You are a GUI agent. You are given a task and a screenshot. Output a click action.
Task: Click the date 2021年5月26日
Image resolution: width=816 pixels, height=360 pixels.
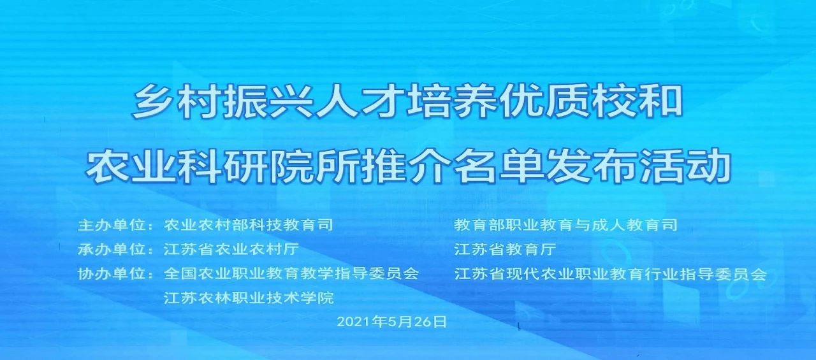point(391,322)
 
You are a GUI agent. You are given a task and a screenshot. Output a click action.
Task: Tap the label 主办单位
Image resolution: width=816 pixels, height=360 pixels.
point(111,225)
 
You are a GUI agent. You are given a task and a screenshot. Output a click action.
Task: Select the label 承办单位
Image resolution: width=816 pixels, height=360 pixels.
point(111,249)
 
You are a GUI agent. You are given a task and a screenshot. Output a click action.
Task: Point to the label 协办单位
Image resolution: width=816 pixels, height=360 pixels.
point(111,274)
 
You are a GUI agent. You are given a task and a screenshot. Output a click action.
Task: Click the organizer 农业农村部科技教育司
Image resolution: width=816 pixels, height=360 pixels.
point(249,225)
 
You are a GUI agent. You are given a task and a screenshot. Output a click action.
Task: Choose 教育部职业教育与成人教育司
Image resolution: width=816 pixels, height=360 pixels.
point(565,225)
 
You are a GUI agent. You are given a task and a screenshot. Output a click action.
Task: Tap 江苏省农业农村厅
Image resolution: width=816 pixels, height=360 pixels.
point(231,249)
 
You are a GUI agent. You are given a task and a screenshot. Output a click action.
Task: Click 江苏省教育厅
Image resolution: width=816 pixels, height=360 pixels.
point(505,249)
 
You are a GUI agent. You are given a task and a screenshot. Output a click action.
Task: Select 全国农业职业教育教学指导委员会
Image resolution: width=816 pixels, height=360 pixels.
point(291,274)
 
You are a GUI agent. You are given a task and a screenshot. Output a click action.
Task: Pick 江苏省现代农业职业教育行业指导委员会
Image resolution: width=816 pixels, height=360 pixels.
point(611,274)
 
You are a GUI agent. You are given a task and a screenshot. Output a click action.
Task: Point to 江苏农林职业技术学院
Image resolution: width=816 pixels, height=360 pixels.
point(249,298)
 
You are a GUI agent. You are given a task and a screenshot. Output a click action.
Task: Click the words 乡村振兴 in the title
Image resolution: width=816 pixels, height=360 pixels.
point(222,102)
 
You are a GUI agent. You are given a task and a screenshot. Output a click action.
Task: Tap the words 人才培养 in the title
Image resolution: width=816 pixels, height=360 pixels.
point(407,102)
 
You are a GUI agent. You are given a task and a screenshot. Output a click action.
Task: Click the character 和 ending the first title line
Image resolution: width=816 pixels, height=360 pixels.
point(660,102)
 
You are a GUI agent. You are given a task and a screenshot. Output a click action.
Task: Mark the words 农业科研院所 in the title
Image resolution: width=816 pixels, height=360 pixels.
point(223,166)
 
